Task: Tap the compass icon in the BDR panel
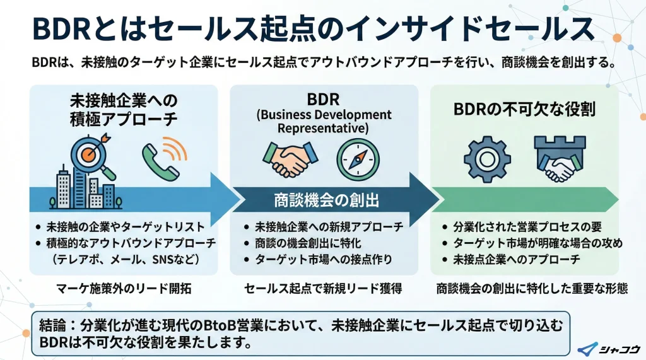pos(357,158)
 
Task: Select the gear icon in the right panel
pos(486,157)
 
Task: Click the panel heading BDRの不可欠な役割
pos(525,108)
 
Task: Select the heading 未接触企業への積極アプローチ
pos(124,110)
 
